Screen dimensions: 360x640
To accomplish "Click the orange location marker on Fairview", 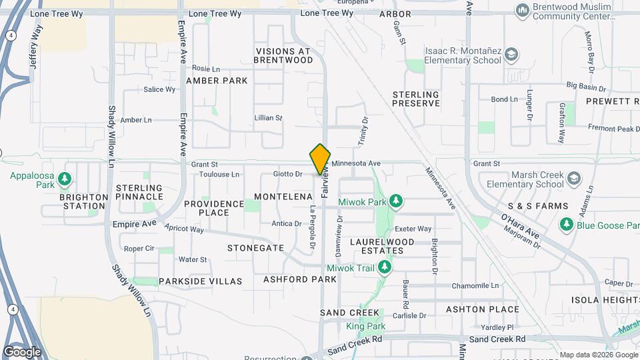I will point(320,159).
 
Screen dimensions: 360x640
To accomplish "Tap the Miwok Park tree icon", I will point(396,201).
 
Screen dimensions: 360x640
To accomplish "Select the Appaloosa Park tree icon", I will point(65,179).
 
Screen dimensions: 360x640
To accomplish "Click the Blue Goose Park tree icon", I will point(567,224).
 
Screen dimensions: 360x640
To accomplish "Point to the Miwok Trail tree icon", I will point(384,267).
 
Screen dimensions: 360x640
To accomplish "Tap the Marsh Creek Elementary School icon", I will point(574,178).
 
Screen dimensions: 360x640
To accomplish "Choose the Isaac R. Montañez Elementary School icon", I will point(511,55).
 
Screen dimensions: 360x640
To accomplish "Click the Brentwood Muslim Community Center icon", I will point(523,10).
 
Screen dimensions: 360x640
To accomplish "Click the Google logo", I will point(22,351).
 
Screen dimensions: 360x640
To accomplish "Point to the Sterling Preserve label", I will point(416,99).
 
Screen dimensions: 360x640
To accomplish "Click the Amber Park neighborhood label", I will point(217,81).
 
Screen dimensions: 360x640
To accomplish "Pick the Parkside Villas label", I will point(200,281).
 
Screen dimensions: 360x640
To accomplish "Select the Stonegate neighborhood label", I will point(255,247).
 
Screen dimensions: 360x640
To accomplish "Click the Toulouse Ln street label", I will point(219,175).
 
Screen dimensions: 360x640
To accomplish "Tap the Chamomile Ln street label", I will point(476,285).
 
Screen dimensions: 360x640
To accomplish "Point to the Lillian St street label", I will point(269,118).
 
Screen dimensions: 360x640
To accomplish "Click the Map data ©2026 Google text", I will point(597,355).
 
